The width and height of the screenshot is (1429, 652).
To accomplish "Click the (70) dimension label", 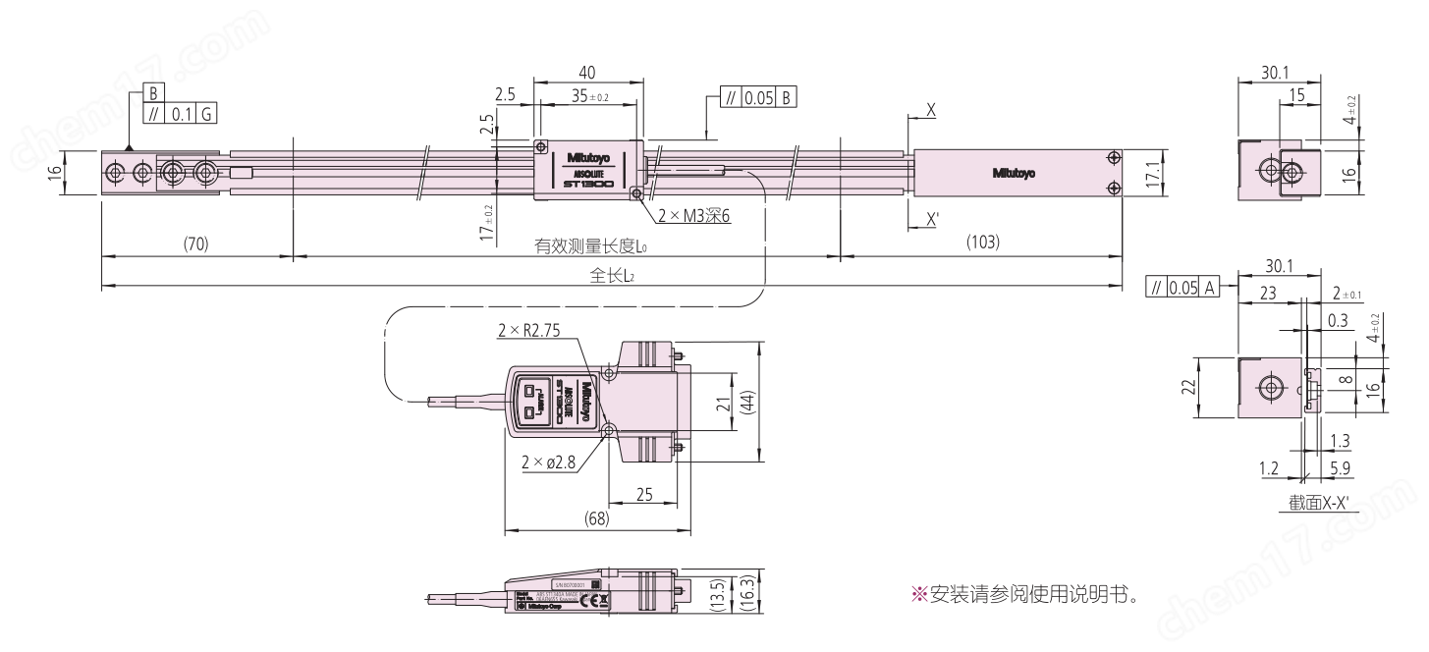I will (x=195, y=243).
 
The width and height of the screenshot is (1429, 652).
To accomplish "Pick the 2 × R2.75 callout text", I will (x=536, y=332).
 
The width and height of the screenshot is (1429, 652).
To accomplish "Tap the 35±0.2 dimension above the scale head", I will (x=589, y=96).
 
